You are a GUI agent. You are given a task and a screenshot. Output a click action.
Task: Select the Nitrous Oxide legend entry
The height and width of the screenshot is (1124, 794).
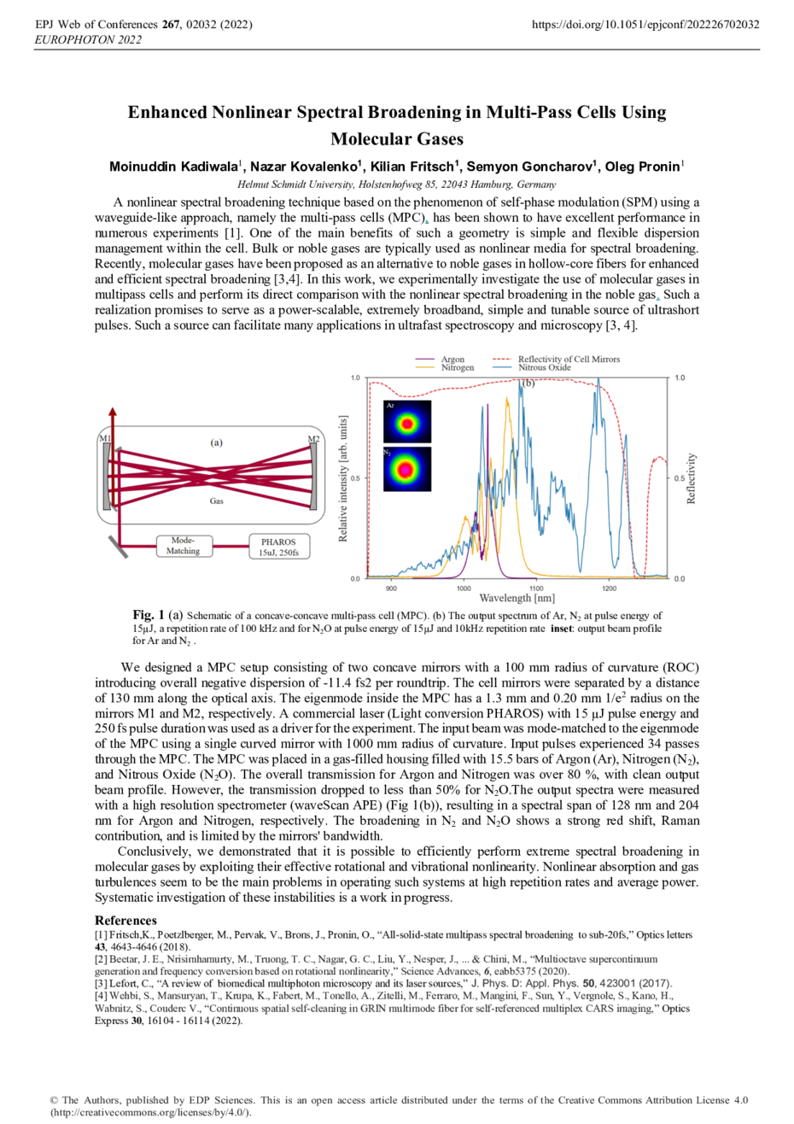(x=531, y=367)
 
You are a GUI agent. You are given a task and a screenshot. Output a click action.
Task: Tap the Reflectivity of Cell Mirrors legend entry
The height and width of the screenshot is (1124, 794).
(x=557, y=359)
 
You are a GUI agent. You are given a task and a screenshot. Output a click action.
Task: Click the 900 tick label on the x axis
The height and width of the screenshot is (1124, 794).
(x=391, y=588)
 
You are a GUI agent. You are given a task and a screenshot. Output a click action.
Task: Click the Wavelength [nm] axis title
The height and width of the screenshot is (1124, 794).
(x=517, y=598)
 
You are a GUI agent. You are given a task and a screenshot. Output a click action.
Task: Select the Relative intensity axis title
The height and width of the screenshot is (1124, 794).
(x=343, y=478)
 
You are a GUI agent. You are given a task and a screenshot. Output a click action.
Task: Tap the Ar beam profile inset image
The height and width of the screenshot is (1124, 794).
(x=406, y=422)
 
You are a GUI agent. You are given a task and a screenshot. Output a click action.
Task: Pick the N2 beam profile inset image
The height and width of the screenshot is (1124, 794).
(x=406, y=469)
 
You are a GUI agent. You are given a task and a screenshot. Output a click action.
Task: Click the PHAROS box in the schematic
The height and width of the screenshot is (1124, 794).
(x=279, y=547)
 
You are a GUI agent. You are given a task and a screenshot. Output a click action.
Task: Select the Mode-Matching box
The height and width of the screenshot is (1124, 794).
(x=184, y=546)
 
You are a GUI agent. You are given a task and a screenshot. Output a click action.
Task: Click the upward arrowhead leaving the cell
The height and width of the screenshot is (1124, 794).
(x=113, y=412)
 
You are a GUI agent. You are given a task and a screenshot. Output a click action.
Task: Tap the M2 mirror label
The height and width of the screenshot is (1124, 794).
(x=313, y=438)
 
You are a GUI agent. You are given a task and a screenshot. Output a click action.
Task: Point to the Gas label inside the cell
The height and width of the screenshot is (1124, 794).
(x=217, y=501)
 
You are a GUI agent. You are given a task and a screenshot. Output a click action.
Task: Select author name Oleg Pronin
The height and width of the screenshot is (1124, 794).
(x=642, y=167)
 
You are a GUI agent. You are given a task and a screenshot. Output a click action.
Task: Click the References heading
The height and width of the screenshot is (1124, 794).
(x=126, y=920)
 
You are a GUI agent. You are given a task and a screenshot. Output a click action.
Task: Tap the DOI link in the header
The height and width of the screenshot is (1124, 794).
(x=645, y=25)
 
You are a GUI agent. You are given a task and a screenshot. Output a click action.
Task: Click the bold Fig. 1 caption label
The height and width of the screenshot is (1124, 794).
(x=149, y=615)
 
